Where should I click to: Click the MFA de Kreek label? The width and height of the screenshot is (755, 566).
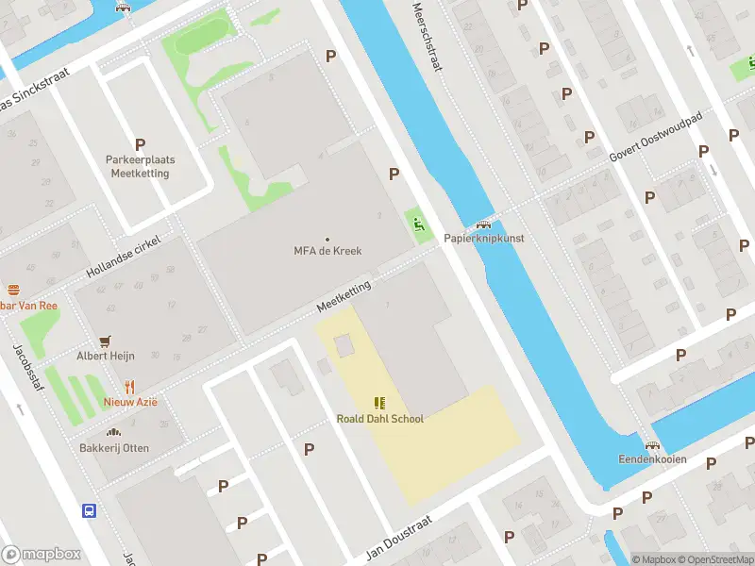tap(327, 251)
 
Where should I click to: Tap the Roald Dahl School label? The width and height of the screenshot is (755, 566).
tap(380, 419)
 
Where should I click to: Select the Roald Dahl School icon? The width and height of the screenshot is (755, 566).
tap(380, 403)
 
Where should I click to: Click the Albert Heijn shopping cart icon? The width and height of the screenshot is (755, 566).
tap(106, 341)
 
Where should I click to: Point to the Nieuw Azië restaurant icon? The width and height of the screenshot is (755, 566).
tap(130, 387)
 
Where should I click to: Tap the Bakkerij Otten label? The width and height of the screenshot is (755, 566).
tap(114, 448)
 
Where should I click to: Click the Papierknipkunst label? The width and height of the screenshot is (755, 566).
tap(484, 239)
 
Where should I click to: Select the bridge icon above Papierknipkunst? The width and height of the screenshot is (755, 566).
tap(484, 225)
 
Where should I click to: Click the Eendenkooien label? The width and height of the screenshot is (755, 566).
tap(652, 459)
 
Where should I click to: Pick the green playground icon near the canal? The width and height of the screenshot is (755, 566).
tap(417, 224)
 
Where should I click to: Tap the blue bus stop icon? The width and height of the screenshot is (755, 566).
tap(89, 510)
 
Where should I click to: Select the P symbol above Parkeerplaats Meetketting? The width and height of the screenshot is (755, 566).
tap(141, 144)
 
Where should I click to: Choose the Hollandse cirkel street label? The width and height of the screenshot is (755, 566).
tap(124, 257)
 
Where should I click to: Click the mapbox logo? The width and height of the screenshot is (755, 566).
tap(42, 555)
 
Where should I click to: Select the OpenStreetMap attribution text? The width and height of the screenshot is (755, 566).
tap(714, 559)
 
